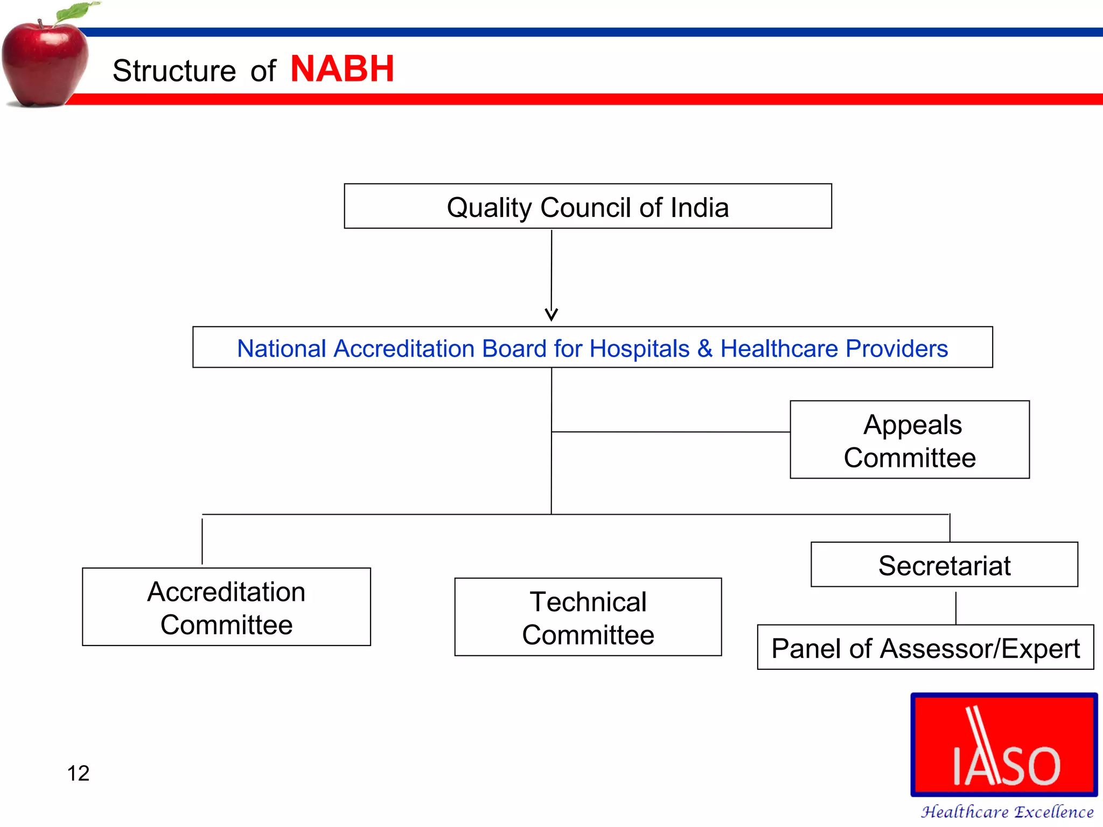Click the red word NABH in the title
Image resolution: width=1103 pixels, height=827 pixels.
[342, 69]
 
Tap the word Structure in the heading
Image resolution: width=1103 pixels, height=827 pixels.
[174, 71]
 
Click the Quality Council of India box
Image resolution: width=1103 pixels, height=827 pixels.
[588, 207]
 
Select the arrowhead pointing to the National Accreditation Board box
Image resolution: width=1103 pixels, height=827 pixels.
[551, 314]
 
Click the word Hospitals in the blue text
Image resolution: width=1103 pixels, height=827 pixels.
[639, 348]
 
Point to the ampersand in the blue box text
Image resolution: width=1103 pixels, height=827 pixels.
[704, 348]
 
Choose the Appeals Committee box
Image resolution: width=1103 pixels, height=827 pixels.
[910, 440]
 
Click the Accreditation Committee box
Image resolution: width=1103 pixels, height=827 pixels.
[226, 607]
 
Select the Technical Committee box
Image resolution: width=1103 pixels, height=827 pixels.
[588, 618]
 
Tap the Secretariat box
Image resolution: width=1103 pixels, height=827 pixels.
[944, 565]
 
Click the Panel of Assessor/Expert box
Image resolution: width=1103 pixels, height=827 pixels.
[925, 648]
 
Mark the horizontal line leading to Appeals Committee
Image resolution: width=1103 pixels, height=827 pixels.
[671, 432]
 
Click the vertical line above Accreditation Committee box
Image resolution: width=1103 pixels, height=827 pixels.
[203, 540]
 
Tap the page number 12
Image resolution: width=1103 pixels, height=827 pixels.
[78, 773]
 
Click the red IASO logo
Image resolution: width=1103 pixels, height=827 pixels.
[1004, 746]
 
